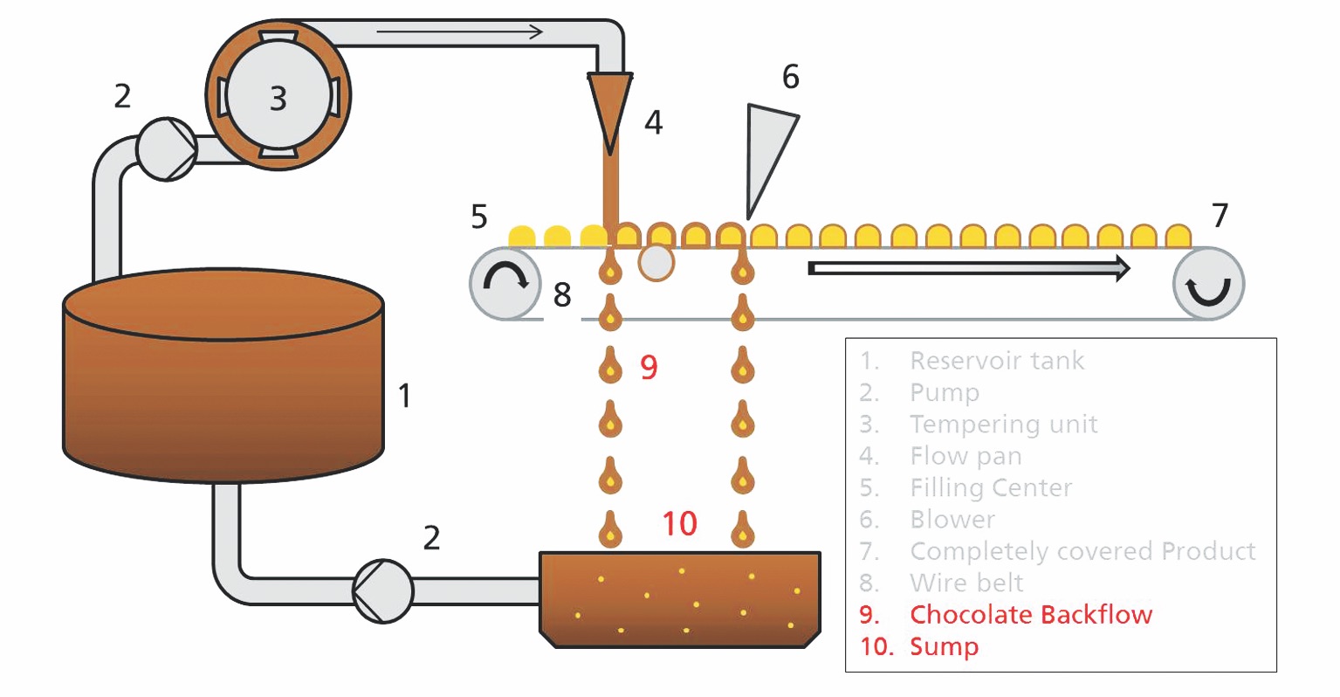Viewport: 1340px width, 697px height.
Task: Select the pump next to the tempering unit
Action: tap(167, 149)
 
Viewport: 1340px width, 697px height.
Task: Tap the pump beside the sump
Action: tap(382, 591)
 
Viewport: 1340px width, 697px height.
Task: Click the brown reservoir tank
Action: tap(223, 384)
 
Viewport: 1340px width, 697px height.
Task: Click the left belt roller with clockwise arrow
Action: tap(505, 283)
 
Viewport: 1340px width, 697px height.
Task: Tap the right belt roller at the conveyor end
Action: tap(1208, 283)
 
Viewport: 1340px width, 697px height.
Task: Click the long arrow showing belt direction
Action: tap(969, 268)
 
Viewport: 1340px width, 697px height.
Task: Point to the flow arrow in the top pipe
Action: tap(459, 33)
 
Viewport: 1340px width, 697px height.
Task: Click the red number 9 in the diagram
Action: tap(649, 368)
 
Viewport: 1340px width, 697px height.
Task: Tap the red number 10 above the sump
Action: tap(679, 524)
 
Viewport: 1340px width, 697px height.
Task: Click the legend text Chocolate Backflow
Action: tap(1030, 615)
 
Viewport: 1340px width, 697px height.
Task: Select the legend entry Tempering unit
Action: tap(1003, 424)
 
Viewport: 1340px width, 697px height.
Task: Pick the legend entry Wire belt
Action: tap(966, 583)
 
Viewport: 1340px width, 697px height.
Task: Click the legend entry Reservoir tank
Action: tap(996, 361)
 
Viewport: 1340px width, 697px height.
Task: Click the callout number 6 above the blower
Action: tap(790, 77)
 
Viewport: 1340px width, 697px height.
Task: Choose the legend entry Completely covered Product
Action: tap(1082, 551)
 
